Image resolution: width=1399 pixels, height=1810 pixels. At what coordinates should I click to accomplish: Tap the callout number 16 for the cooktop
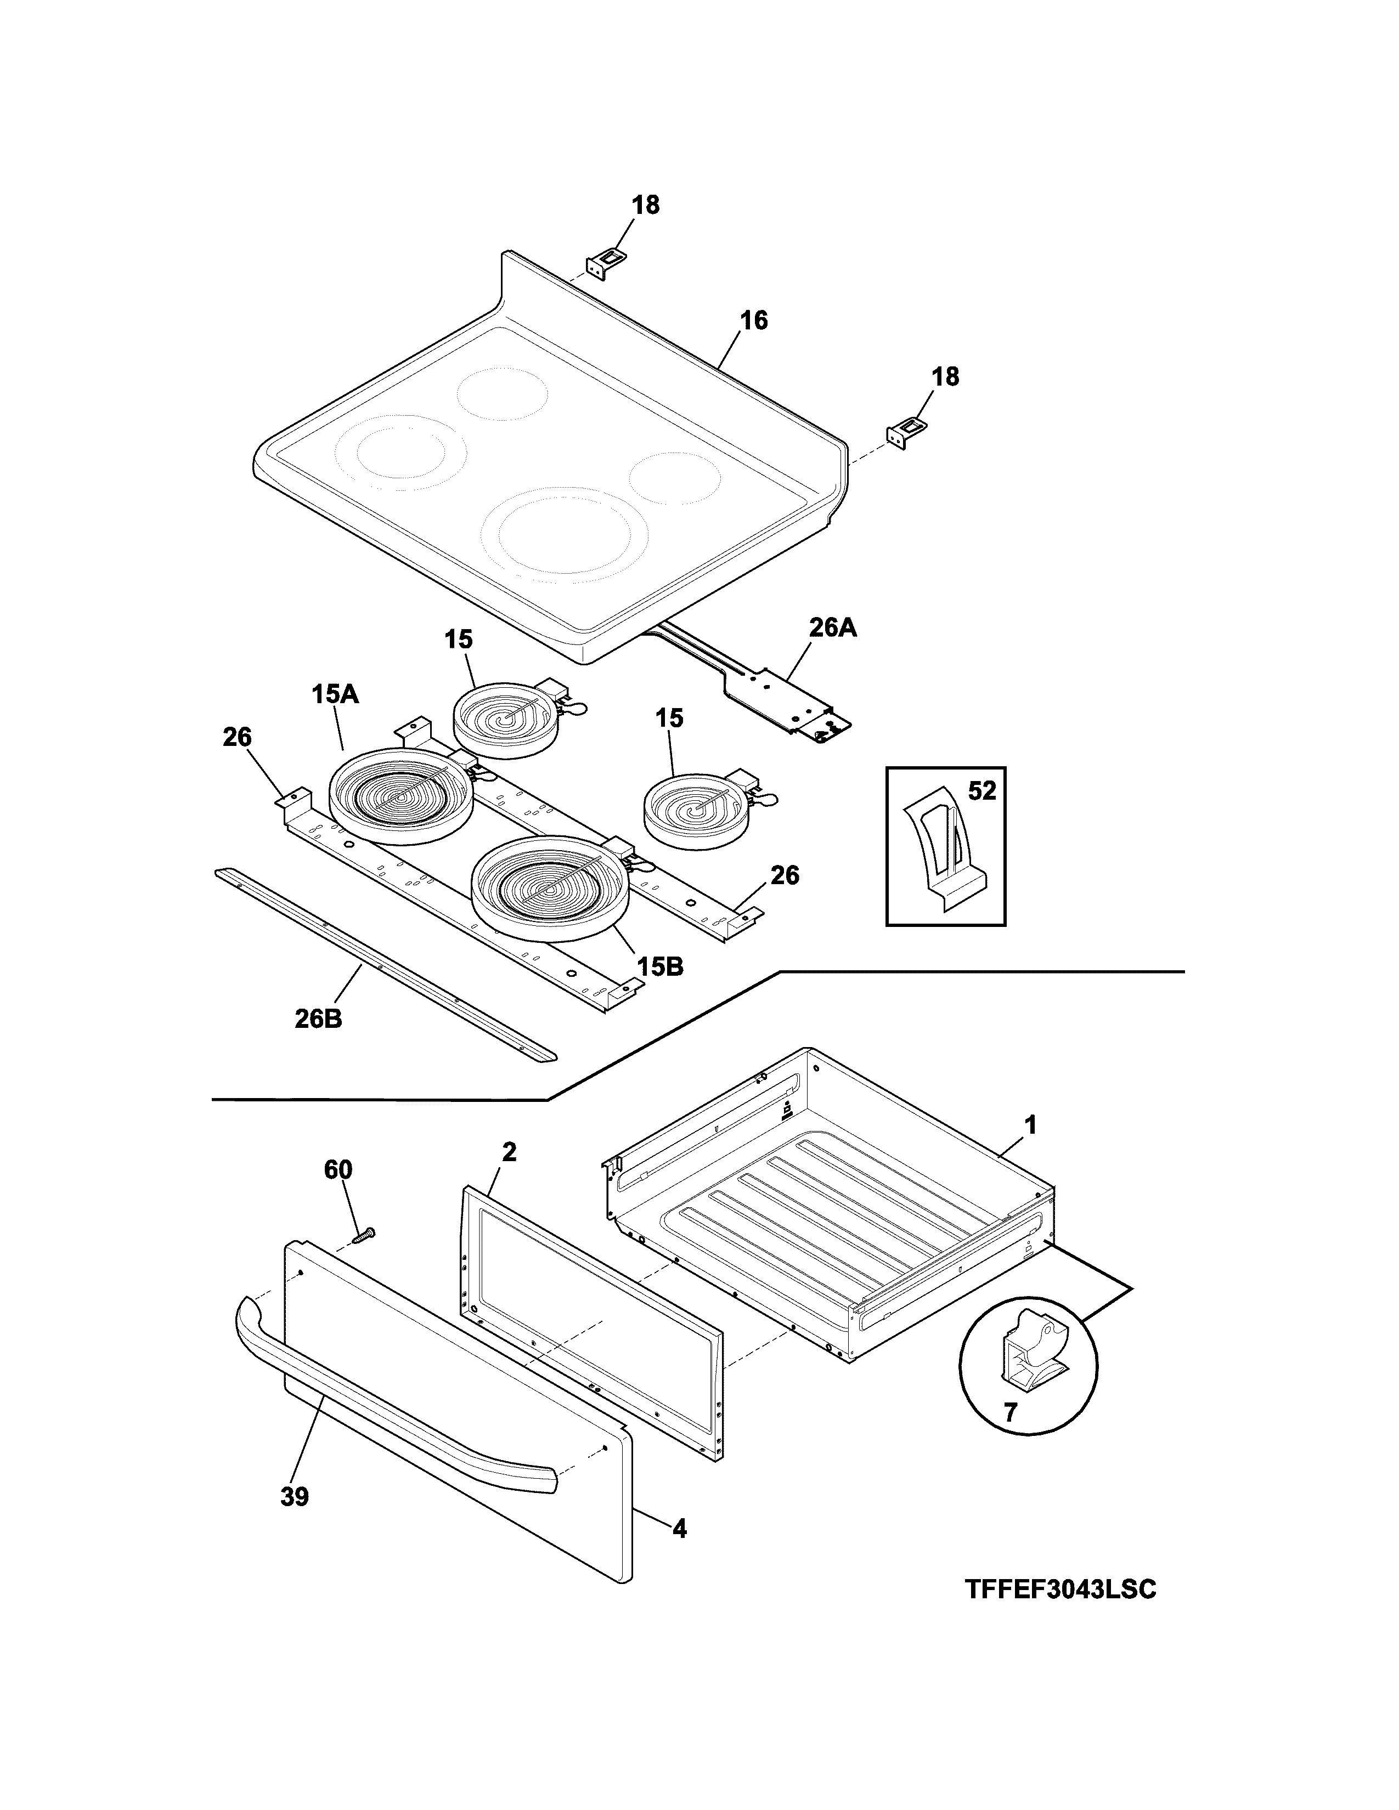coord(753,320)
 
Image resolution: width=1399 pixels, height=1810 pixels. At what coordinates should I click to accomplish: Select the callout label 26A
coord(832,628)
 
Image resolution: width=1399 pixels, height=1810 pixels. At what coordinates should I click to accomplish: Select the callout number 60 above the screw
coord(338,1169)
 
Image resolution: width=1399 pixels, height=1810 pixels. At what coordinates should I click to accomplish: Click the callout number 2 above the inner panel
coord(509,1151)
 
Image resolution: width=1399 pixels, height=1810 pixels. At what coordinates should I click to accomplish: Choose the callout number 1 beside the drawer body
coord(1030,1125)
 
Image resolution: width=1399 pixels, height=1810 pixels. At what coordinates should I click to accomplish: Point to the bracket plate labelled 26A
coord(783,696)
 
